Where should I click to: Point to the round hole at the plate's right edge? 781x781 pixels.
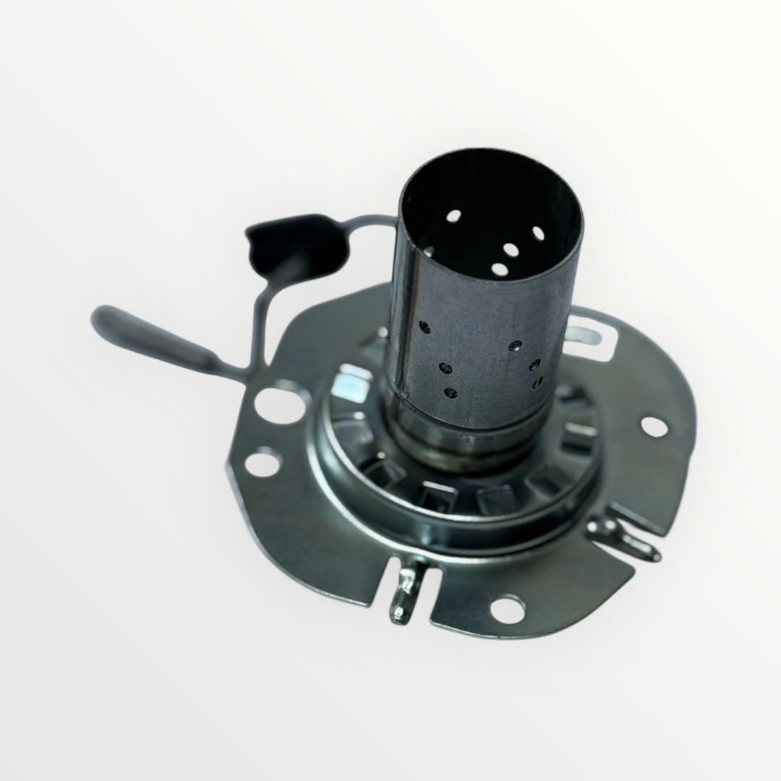(x=654, y=426)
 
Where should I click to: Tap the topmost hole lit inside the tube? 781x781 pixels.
(x=453, y=215)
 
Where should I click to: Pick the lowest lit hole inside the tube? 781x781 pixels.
(x=500, y=270)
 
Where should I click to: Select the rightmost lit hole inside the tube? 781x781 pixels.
(x=538, y=233)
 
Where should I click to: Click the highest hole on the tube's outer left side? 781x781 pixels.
(x=425, y=327)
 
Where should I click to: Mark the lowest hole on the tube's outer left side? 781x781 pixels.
(x=451, y=393)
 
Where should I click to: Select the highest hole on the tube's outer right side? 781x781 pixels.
(x=515, y=346)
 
